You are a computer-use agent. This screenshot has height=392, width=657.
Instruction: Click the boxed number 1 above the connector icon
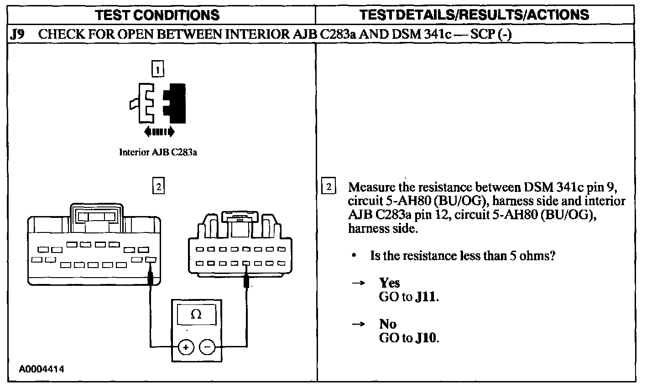[157, 70]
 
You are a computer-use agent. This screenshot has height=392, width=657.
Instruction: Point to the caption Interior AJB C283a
[158, 152]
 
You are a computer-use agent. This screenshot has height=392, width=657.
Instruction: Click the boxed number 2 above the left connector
[158, 187]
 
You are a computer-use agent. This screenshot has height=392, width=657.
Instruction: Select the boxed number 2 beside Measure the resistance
[328, 187]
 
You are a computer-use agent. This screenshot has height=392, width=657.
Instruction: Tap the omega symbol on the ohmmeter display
[196, 314]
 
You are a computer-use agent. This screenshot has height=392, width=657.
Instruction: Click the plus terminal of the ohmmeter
[185, 347]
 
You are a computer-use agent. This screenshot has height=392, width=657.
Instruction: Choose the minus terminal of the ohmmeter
[207, 347]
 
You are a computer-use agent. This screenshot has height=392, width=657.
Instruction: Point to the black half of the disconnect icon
[176, 103]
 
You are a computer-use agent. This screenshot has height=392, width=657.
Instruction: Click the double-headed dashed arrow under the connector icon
[159, 132]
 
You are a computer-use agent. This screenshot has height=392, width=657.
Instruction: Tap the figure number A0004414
[42, 369]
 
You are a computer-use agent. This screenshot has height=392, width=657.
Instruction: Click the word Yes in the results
[389, 283]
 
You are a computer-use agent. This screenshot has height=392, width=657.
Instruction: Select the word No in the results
[387, 324]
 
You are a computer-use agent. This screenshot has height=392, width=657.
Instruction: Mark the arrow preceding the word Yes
[358, 283]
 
